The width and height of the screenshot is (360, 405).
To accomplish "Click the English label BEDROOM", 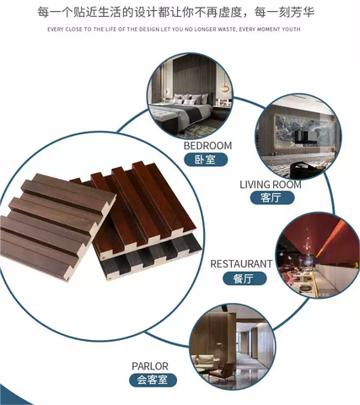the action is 207,146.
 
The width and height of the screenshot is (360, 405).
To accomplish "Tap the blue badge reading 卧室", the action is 206,159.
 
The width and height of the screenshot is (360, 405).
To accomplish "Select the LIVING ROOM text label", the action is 271,185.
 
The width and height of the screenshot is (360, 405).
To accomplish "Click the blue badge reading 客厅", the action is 272,197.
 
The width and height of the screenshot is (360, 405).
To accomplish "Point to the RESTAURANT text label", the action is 241,264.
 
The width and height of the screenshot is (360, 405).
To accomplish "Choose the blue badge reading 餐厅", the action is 244,278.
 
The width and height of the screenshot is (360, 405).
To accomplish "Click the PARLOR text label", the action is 150,366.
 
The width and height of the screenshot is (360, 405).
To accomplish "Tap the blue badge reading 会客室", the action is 153,381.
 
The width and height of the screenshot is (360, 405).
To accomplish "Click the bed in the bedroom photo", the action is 184,111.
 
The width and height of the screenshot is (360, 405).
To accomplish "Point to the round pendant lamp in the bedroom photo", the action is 224,89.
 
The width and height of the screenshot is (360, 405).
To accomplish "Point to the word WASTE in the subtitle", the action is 227,29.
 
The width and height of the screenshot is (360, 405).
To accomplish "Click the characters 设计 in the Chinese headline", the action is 146,13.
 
